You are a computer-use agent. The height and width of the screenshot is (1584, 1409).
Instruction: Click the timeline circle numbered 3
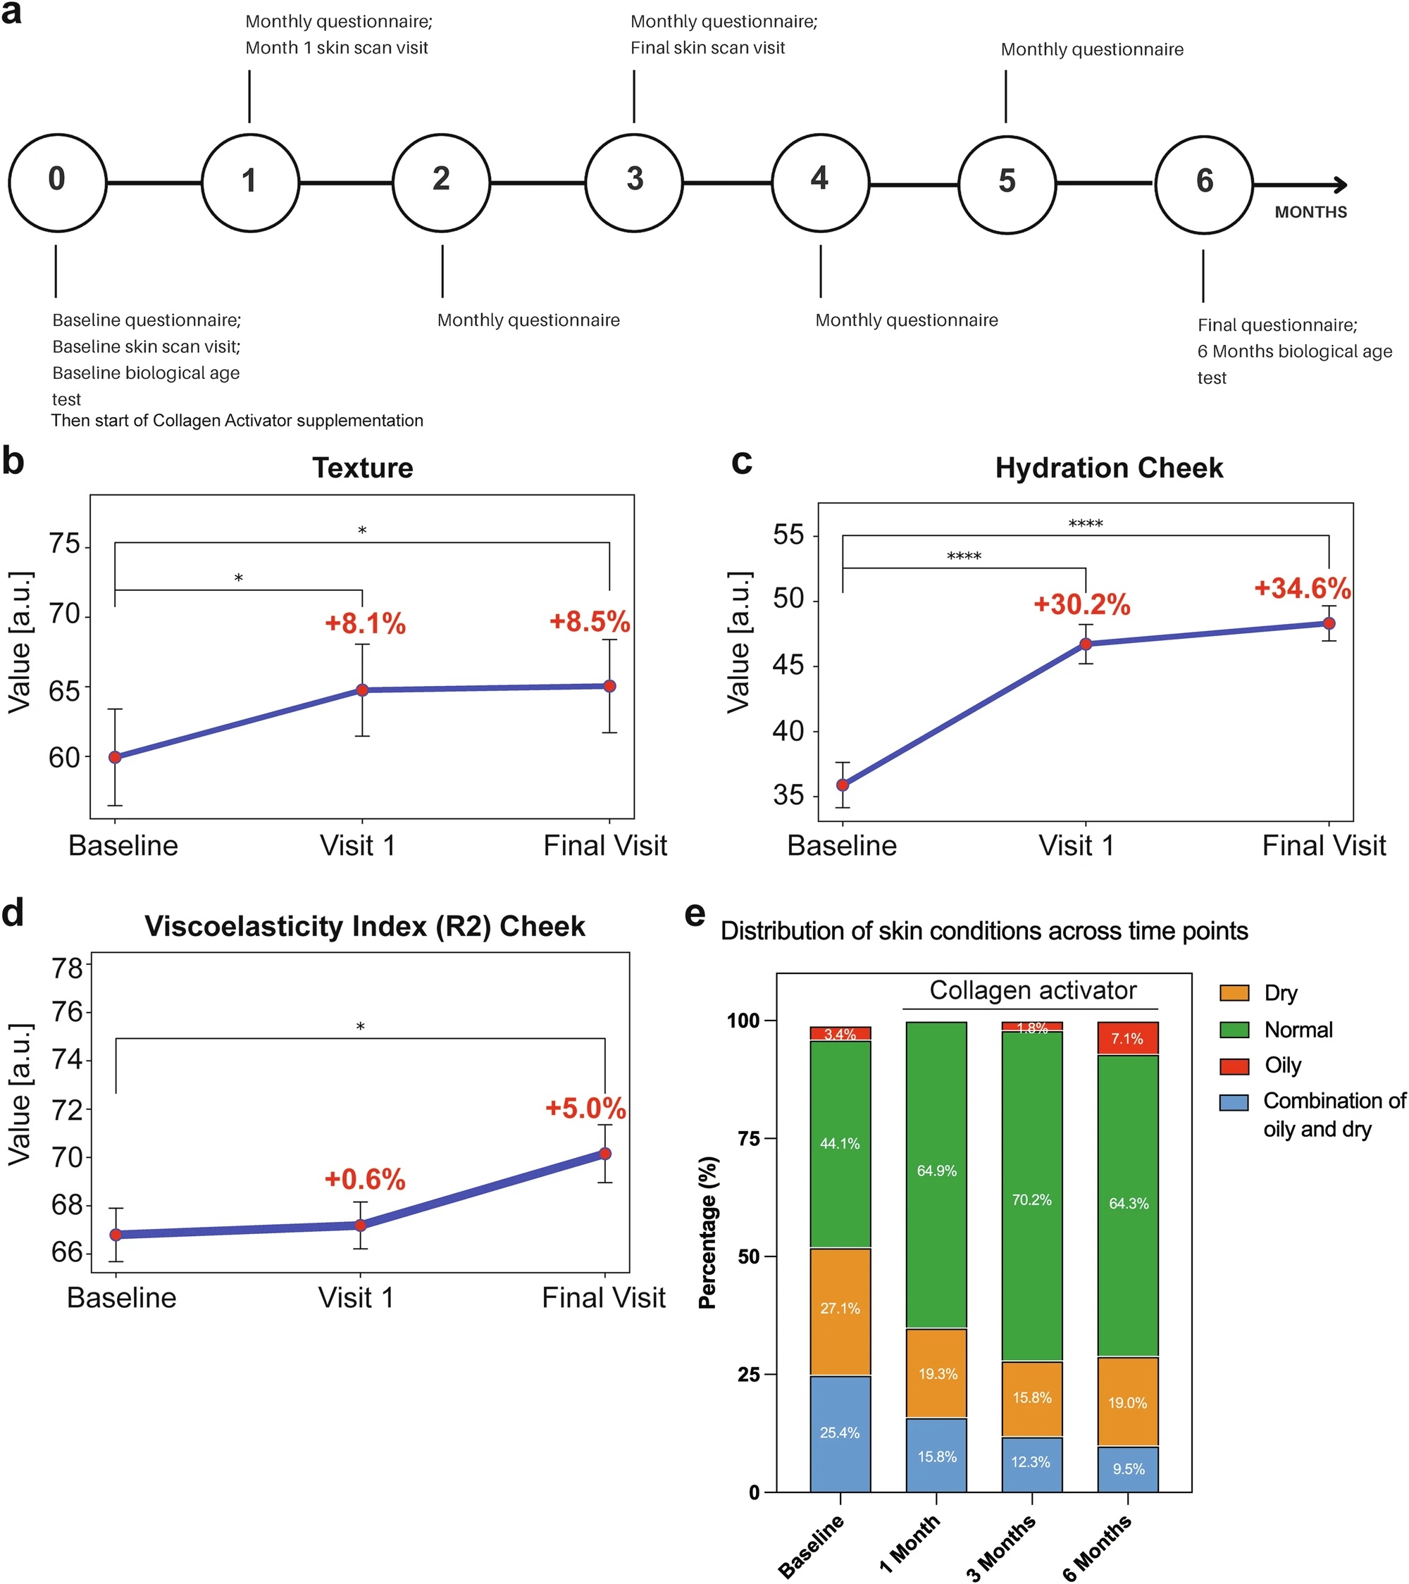[x=634, y=183]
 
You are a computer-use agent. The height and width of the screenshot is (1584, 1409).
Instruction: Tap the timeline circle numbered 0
[x=57, y=183]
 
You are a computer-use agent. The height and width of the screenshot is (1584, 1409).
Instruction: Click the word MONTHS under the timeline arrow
[x=1310, y=212]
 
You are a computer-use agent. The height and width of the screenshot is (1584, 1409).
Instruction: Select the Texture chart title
[x=363, y=468]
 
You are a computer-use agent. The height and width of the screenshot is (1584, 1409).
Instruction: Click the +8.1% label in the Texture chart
[x=365, y=624]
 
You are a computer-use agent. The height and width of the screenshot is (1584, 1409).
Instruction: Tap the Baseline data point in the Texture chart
[x=115, y=757]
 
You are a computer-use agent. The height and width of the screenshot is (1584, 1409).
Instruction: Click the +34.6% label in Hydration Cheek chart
[x=1303, y=589]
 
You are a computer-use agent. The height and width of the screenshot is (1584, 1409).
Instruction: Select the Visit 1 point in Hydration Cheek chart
[x=1086, y=644]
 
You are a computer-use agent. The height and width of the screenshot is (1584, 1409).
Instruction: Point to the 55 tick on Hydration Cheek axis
[x=788, y=535]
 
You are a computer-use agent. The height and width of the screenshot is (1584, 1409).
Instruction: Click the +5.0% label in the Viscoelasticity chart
[x=585, y=1108]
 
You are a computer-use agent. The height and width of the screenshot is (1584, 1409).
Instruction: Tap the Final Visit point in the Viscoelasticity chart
[x=605, y=1154]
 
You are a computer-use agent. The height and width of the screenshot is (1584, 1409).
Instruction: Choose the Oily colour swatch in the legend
[x=1234, y=1066]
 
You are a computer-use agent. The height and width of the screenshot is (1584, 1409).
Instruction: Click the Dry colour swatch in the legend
[x=1234, y=992]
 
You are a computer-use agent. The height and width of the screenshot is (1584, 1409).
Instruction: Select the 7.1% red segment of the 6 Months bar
[x=1128, y=1038]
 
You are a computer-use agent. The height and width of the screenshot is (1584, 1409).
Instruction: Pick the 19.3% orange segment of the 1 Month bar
[x=936, y=1374]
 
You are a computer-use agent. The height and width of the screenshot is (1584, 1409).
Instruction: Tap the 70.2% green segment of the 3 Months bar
[x=1031, y=1199]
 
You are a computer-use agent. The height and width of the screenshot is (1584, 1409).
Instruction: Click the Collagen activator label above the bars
[x=1032, y=990]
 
